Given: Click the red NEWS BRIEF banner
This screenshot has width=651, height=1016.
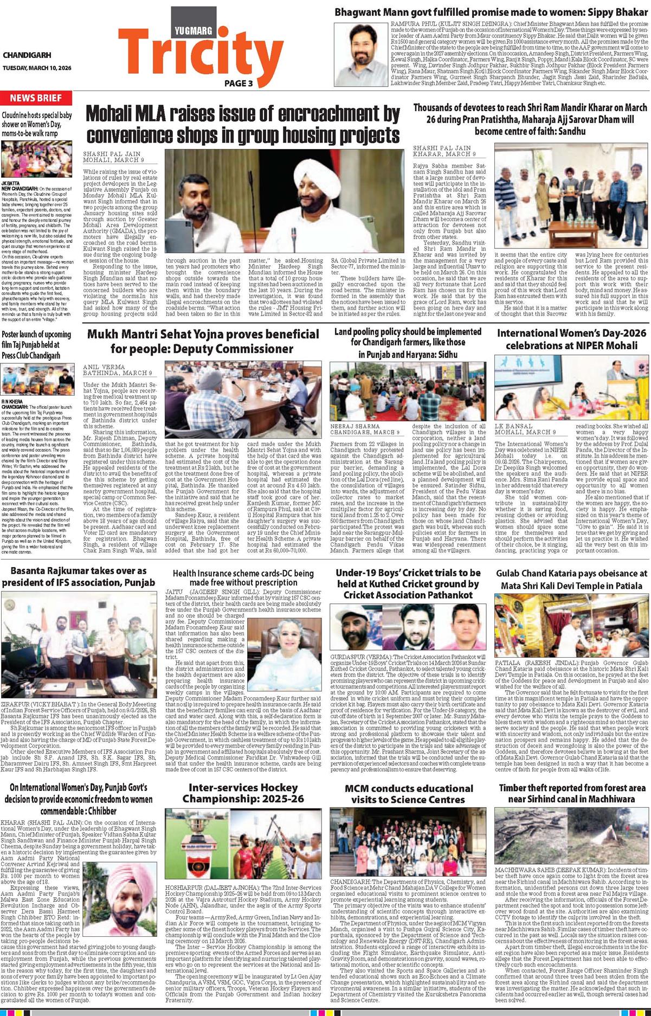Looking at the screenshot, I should (x=36, y=98).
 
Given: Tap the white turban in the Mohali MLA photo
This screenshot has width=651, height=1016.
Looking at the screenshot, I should (x=315, y=175).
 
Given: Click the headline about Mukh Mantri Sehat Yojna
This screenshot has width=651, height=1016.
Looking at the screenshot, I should (x=203, y=340).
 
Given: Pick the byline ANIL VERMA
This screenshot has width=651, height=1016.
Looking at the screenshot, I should (x=104, y=367).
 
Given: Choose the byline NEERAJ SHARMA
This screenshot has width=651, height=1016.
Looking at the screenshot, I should (x=355, y=426).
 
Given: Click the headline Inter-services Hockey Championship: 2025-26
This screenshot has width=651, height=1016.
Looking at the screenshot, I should (x=243, y=793).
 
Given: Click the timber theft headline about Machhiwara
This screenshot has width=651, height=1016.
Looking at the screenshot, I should (x=572, y=793).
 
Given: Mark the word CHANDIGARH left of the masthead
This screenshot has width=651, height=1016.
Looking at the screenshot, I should (x=27, y=55).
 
